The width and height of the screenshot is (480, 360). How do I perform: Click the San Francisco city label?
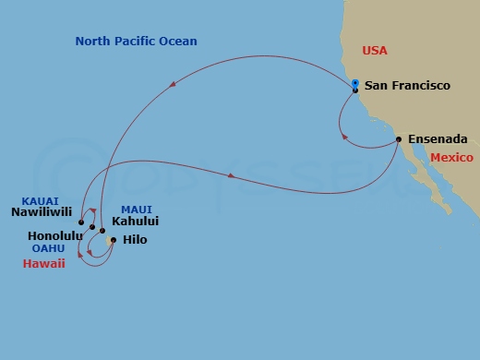[x=407, y=86]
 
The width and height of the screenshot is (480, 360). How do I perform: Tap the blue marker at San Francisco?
[x=355, y=84]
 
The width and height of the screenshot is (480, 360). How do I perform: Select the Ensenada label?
[x=437, y=139]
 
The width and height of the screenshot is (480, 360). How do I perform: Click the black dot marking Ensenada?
[x=399, y=139]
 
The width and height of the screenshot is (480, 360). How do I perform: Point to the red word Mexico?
[x=451, y=158]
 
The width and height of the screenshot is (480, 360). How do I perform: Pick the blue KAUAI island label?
[x=41, y=200]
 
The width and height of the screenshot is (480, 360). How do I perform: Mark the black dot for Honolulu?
[x=92, y=227]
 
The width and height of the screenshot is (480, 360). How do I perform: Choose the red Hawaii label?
[x=44, y=263]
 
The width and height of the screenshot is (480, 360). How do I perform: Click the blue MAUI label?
[x=136, y=210]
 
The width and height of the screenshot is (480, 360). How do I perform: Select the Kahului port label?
[x=135, y=222]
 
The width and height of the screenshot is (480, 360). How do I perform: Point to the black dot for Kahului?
[x=102, y=231]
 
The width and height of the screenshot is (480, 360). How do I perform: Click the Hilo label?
[x=134, y=240]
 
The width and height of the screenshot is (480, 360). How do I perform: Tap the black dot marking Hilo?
[x=113, y=241]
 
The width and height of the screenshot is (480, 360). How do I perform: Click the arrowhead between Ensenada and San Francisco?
[x=345, y=138]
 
